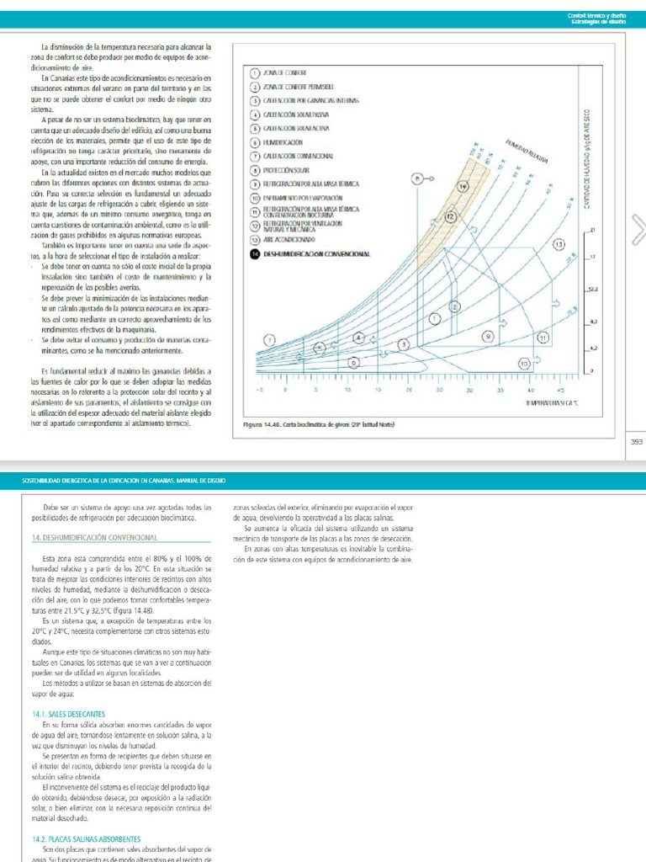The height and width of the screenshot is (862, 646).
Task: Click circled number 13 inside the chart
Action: pos(558,243)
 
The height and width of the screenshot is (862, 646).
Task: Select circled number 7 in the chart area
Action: pos(269,338)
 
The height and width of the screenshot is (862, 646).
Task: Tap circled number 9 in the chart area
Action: pos(487,336)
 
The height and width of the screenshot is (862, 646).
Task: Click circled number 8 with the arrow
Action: pos(416,178)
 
